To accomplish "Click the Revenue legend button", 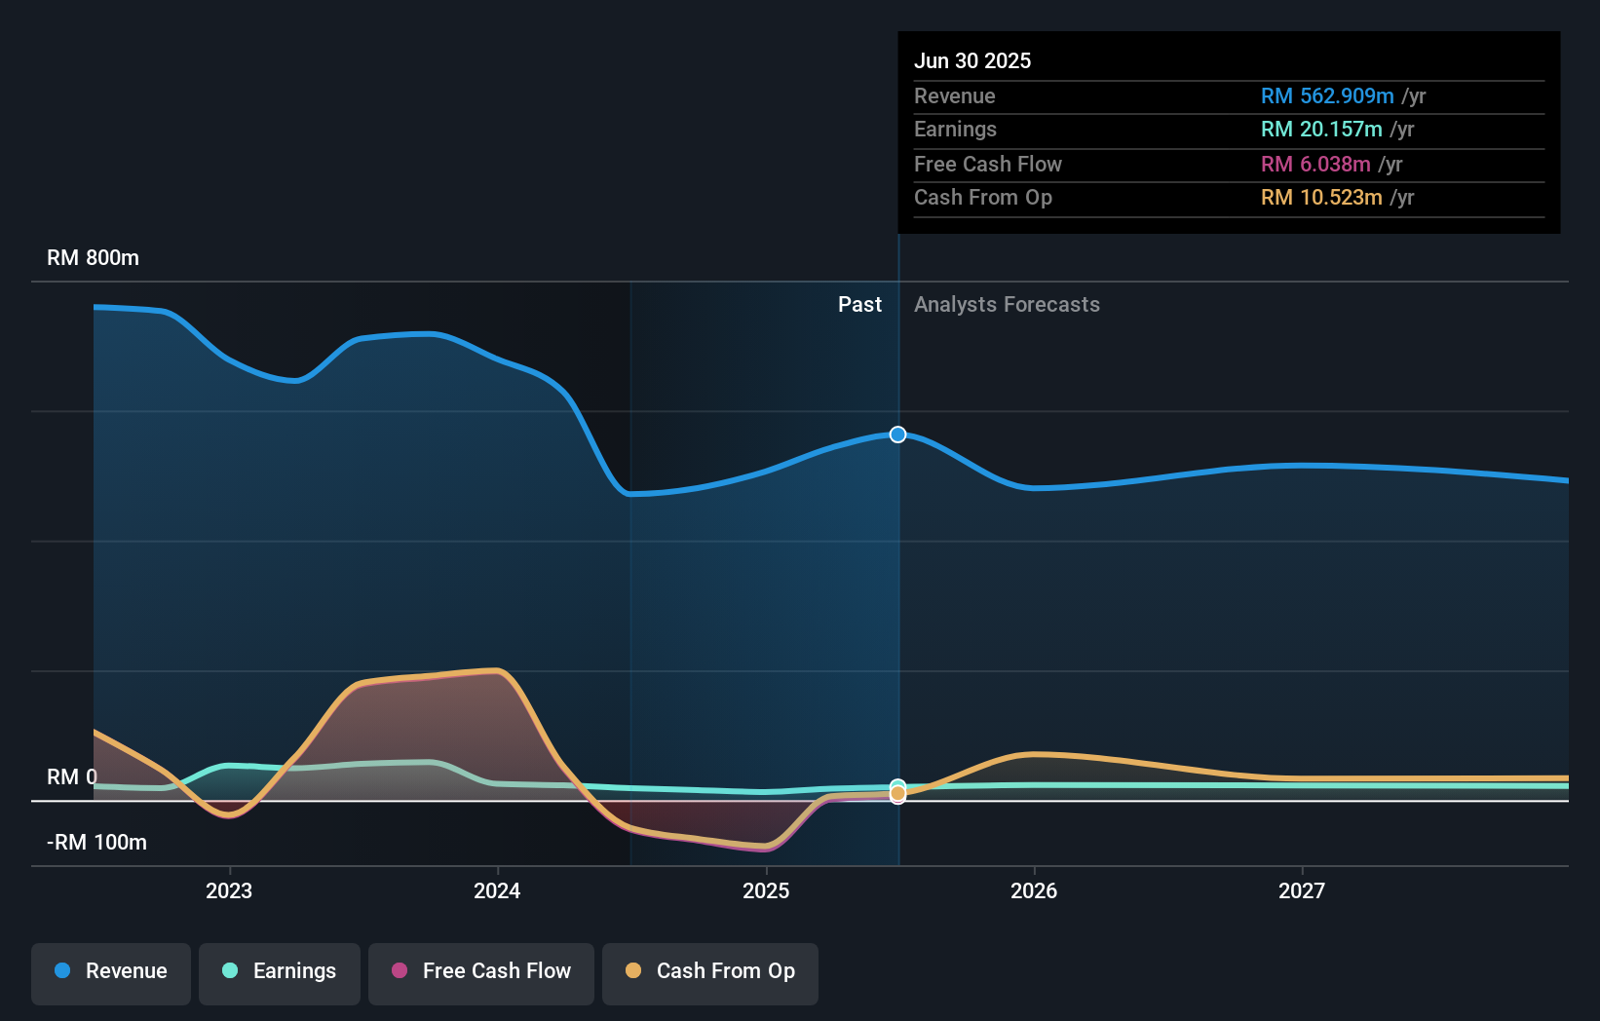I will coord(111,972).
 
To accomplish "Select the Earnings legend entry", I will coord(280,972).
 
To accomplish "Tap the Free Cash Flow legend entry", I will coord(481,972).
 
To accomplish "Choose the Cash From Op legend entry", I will coord(710,972).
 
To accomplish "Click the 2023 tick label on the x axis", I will coord(229,891).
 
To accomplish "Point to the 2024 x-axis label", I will coord(497,891).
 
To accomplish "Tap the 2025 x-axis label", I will coord(766,891).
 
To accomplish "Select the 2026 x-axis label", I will coord(1034,891).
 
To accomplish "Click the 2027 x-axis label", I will coord(1302,891).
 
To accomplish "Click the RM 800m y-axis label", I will coord(94,258).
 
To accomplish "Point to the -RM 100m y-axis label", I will coord(96,843).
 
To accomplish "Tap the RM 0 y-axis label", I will coord(72,777).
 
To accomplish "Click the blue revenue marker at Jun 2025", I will coord(898,435).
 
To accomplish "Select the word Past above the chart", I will coord(859,305).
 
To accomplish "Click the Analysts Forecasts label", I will coord(1007,305).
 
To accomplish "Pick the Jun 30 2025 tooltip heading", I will coord(972,61).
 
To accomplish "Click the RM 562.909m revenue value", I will coord(1327,96).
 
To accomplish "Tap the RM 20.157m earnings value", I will coord(1321,130).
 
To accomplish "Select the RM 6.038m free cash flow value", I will coord(1315,165).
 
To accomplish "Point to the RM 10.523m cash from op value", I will coord(1321,198).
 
